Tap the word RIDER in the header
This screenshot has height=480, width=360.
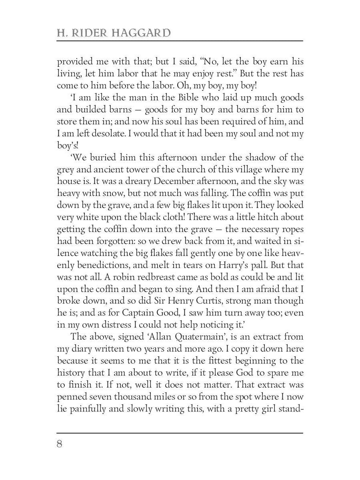point(88,33)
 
